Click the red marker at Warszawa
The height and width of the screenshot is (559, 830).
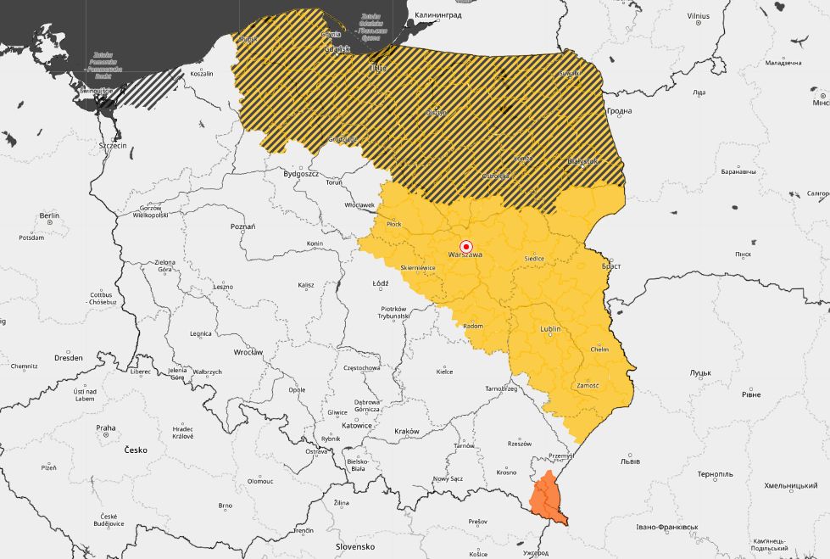coord(465,246)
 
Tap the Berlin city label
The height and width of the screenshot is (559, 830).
coord(49,215)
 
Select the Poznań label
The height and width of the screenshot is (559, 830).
coord(242,226)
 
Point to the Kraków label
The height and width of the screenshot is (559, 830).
coord(407,431)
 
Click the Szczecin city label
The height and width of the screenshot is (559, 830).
coord(113,146)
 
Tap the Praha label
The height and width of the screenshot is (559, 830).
coord(106,428)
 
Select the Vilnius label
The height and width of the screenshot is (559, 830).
coord(699,16)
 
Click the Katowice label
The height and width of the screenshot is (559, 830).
coord(358,425)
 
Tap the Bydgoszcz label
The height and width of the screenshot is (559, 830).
coord(301,173)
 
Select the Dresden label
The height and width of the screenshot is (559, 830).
coord(68,358)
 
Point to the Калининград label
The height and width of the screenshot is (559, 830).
coord(438,15)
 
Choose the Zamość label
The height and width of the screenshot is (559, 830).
coord(587,385)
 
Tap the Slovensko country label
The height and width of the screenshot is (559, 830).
coord(355,546)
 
